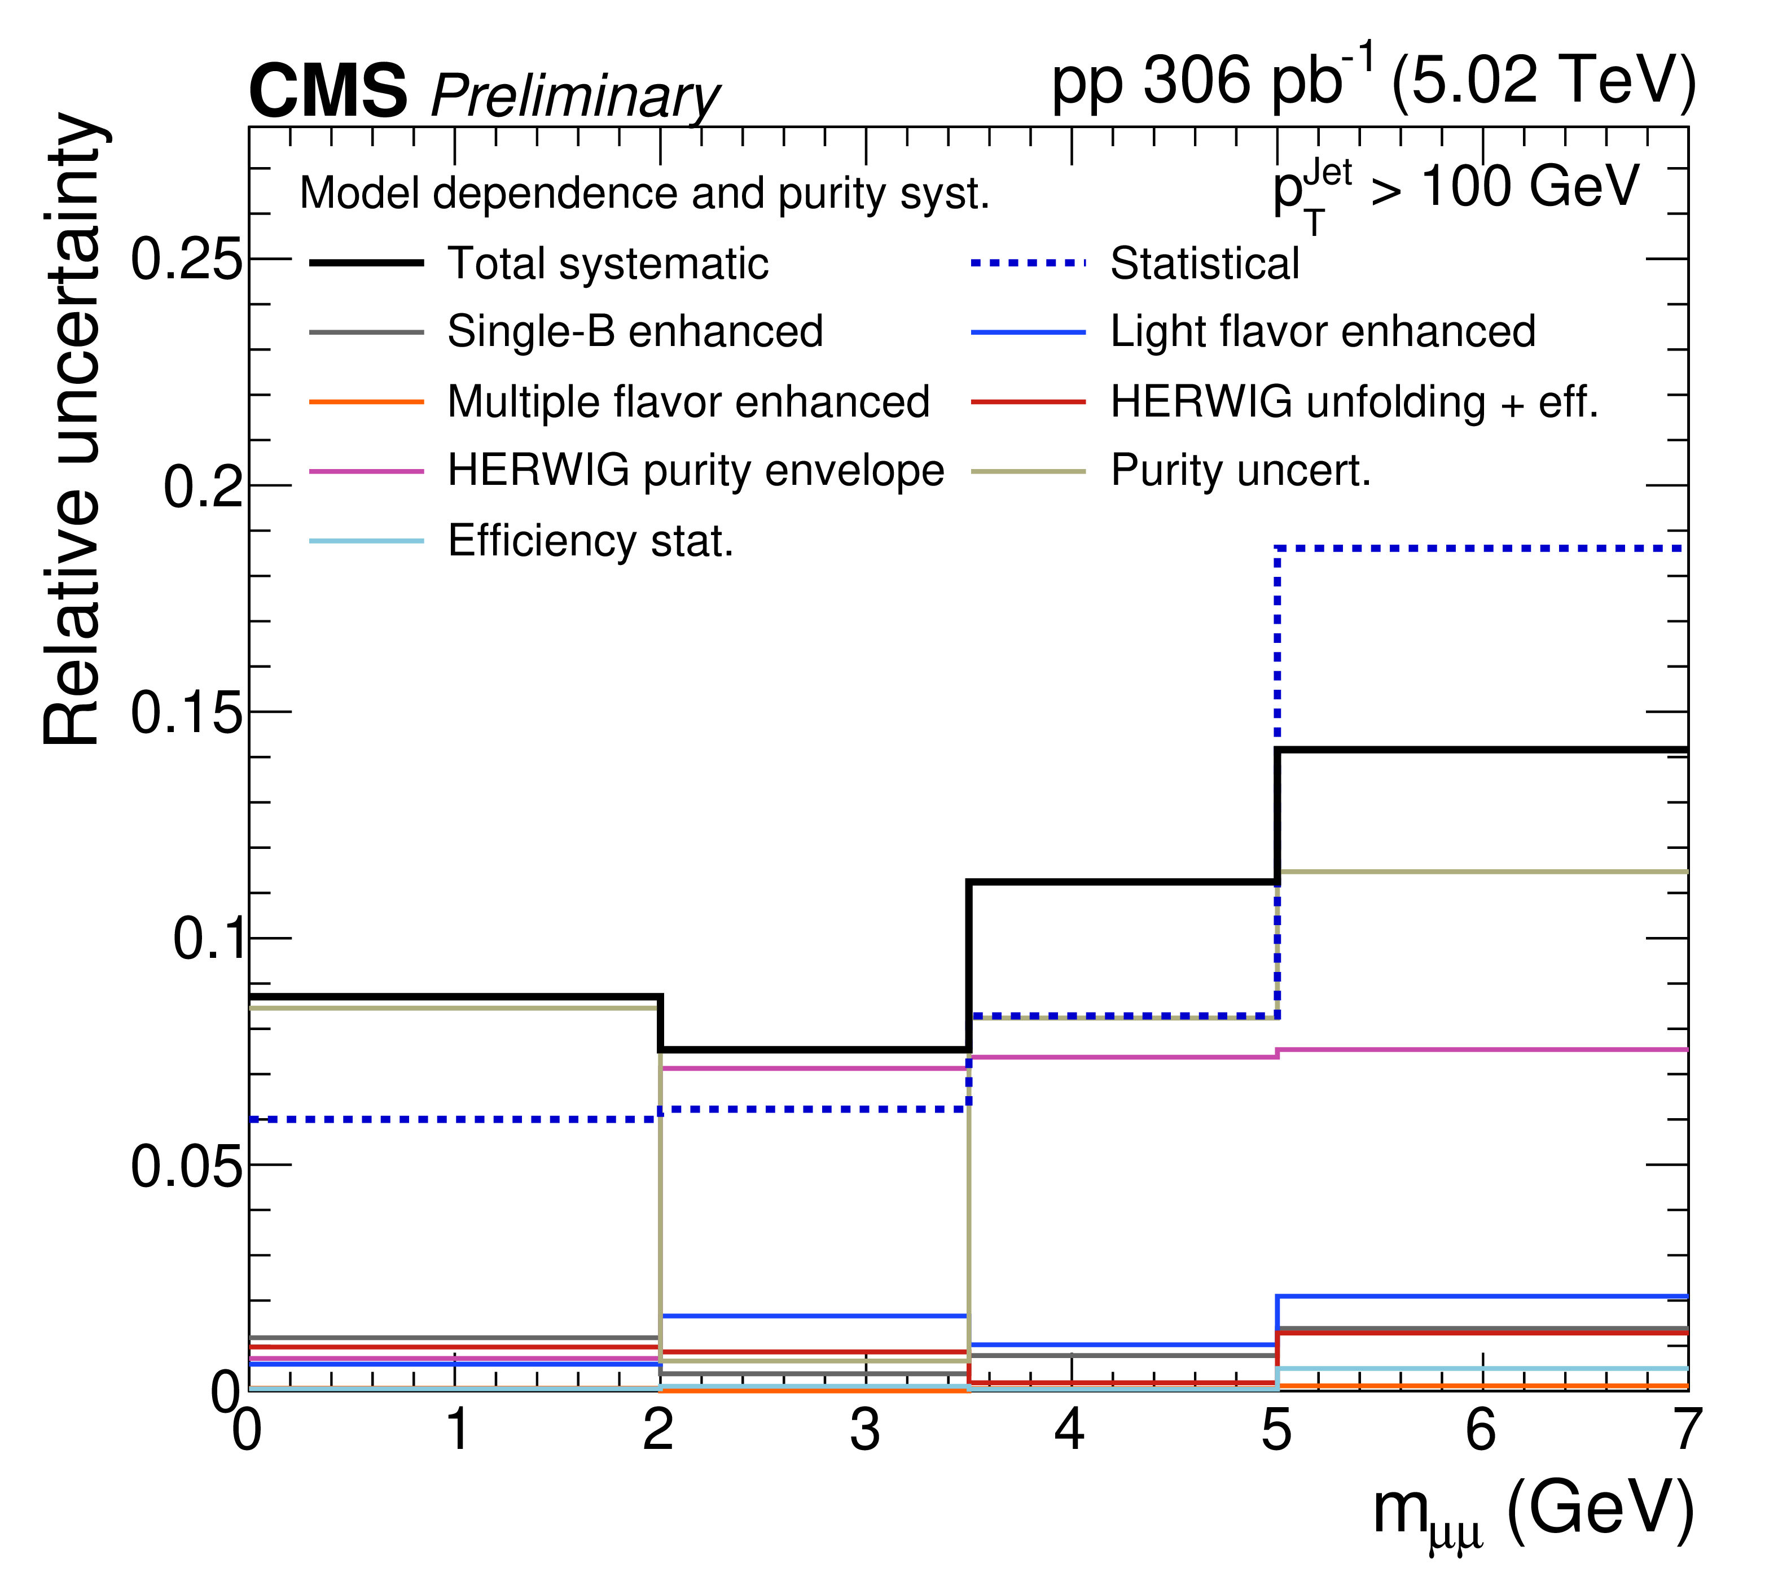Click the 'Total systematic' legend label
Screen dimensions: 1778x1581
608,263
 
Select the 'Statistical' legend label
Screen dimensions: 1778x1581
1205,263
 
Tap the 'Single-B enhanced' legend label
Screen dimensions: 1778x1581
635,331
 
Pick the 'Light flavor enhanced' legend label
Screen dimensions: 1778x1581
1323,331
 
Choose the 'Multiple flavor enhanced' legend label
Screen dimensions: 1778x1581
689,402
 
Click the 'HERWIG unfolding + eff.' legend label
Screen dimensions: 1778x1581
1354,402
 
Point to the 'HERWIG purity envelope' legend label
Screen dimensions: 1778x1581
696,472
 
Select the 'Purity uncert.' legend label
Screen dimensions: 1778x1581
1240,472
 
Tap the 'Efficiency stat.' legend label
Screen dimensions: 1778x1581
591,541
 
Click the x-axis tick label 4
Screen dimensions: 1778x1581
1070,1430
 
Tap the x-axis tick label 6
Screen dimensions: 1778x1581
1481,1430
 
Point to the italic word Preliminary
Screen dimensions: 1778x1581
574,96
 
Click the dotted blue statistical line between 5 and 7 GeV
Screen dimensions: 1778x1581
1481,548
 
